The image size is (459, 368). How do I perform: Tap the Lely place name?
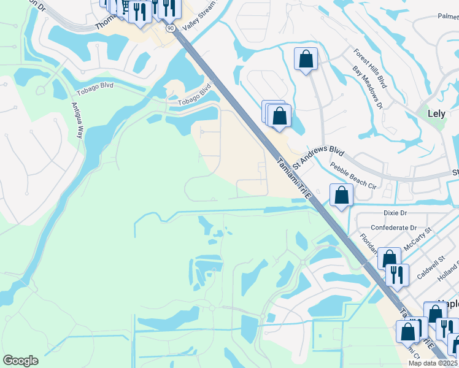[x=441, y=113]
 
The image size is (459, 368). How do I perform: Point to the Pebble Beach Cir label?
[x=353, y=175]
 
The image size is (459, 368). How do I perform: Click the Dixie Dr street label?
[x=395, y=213]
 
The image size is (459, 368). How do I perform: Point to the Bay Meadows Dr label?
[x=367, y=88]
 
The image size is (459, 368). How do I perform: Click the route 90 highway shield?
[x=170, y=28]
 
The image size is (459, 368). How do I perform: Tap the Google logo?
[x=20, y=361]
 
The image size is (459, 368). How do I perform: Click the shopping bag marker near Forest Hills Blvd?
[x=306, y=60]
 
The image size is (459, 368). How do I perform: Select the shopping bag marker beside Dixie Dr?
[x=341, y=196]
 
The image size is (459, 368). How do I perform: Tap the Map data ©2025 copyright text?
[x=433, y=363]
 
